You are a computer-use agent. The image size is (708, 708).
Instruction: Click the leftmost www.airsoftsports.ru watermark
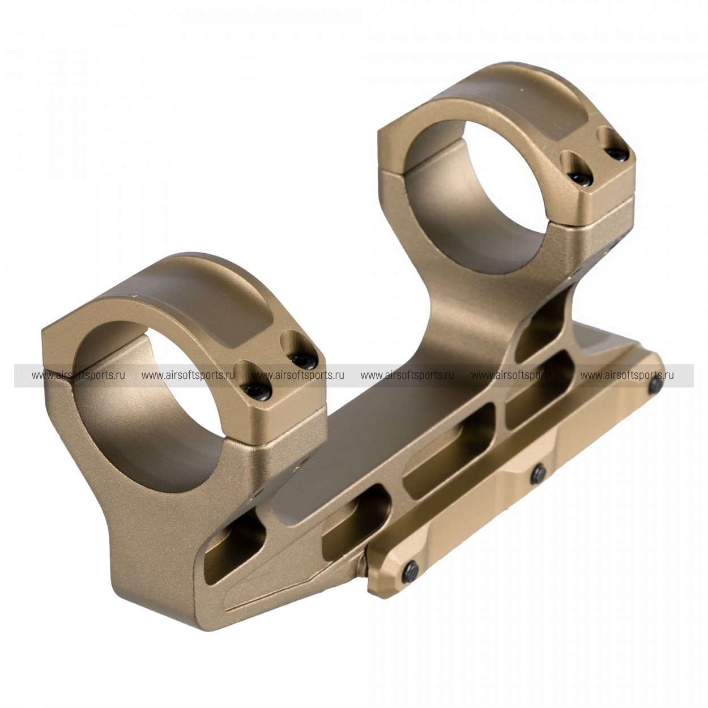(x=78, y=376)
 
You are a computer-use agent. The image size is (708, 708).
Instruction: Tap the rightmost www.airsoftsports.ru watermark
(x=627, y=376)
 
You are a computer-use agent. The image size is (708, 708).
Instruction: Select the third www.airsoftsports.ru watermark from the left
(x=297, y=376)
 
